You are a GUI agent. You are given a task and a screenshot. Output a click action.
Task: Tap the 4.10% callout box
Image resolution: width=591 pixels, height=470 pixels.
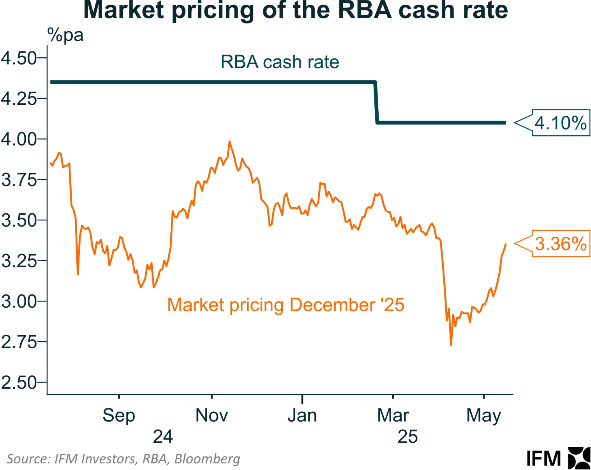tap(561, 123)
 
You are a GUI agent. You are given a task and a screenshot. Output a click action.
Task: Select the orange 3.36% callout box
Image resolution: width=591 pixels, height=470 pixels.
tap(561, 244)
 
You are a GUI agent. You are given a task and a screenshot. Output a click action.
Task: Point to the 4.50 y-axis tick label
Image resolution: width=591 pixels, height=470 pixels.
tap(19, 59)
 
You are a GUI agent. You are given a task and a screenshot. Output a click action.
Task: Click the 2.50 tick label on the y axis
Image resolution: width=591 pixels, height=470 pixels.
tap(19, 383)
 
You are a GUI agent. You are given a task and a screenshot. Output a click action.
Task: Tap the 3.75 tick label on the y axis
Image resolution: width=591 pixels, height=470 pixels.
tap(19, 180)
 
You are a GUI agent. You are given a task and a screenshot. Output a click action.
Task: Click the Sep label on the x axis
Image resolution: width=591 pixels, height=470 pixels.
tap(119, 415)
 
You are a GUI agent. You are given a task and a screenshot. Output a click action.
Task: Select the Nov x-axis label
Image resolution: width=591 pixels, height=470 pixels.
tap(212, 415)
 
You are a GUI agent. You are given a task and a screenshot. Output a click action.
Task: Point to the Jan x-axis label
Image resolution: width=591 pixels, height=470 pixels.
tap(302, 415)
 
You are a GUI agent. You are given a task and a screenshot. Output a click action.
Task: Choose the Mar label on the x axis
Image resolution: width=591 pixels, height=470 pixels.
tap(393, 415)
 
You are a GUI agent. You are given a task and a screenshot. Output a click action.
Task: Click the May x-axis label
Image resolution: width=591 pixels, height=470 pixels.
tap(483, 416)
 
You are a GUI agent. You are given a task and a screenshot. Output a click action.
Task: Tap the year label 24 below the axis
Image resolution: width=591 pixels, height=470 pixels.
tap(163, 437)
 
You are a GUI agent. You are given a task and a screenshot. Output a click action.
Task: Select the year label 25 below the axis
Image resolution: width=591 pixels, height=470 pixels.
tap(408, 437)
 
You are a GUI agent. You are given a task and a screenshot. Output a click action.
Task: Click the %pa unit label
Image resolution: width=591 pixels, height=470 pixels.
tap(65, 35)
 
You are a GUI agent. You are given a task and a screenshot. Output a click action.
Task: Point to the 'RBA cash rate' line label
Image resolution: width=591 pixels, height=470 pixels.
tap(280, 62)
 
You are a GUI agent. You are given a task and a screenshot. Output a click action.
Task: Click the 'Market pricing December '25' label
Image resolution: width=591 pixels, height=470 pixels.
tap(286, 305)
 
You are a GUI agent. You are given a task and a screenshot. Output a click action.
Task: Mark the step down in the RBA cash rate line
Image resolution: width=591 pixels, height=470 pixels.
tap(376, 103)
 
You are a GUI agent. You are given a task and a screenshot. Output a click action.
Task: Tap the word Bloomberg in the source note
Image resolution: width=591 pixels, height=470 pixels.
tap(207, 459)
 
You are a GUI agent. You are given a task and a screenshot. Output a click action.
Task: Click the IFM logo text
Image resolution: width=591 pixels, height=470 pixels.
tap(543, 459)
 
